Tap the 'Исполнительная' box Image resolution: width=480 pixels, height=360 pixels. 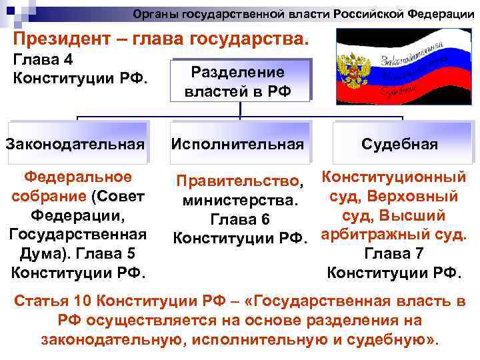(238, 143)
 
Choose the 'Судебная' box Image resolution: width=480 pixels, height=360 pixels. (399, 144)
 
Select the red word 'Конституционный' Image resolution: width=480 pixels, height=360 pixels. (393, 177)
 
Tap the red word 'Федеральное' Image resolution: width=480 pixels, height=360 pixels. (77, 177)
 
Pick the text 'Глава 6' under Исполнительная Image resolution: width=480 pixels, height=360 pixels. (239, 219)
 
